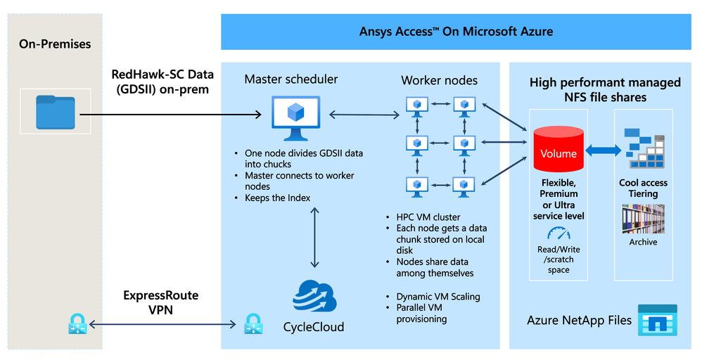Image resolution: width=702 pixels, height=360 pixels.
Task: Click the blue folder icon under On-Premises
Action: point(56,112)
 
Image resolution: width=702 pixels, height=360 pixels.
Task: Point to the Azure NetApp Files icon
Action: point(657,321)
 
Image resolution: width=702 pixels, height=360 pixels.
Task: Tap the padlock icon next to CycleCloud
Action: point(253,324)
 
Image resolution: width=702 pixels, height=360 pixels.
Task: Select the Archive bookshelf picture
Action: point(643,219)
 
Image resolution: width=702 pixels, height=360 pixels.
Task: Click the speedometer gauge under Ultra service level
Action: point(559,233)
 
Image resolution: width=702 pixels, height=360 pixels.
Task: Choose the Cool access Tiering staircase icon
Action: point(643,148)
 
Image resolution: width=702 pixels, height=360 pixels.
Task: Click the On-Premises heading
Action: point(55,44)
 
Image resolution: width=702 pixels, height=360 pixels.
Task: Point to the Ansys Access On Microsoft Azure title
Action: point(456,32)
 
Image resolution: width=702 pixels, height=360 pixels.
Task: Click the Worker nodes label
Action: point(439,80)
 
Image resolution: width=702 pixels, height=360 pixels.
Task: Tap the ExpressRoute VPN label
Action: point(161,302)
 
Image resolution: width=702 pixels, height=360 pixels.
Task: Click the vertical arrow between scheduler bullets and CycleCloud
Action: point(314,236)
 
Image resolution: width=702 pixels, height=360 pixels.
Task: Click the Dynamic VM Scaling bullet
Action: point(438,296)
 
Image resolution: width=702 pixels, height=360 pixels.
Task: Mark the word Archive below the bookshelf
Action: point(643,242)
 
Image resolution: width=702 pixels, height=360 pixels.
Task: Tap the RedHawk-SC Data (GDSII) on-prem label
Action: point(161,81)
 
